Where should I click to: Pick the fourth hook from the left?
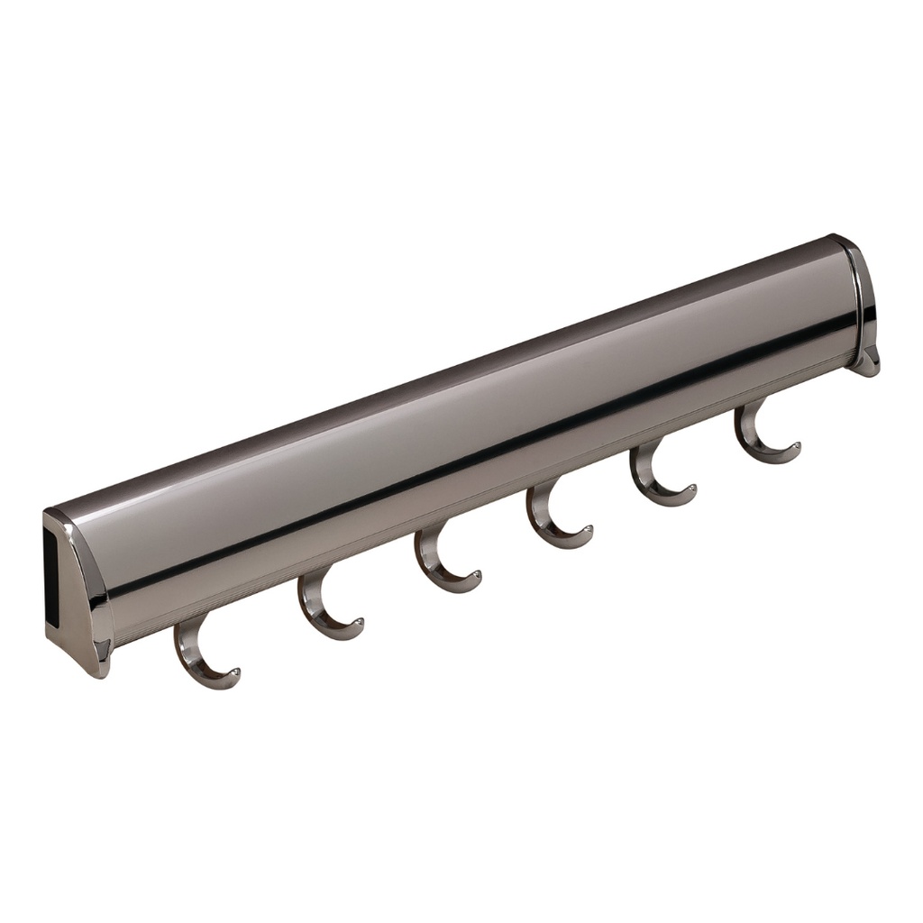pos(553,523)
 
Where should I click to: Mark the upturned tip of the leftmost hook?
pos(234,672)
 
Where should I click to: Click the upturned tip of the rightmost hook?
pos(795,445)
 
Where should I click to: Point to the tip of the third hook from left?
pos(476,574)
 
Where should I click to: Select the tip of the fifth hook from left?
pos(690,489)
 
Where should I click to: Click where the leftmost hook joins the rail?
pos(184,627)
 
